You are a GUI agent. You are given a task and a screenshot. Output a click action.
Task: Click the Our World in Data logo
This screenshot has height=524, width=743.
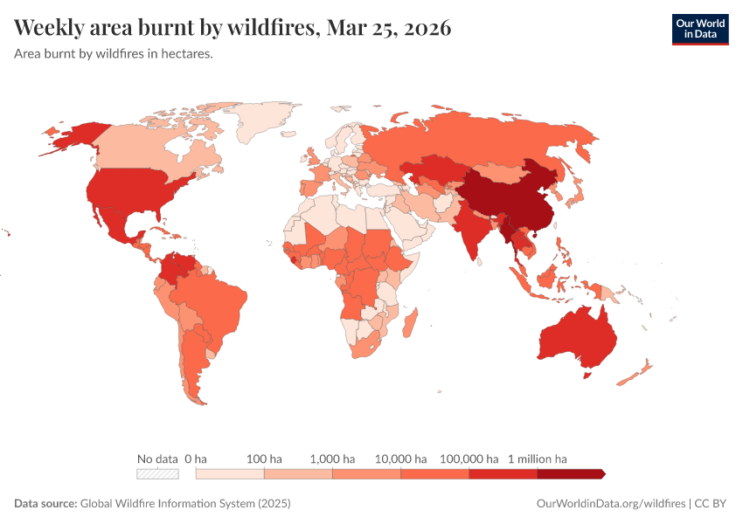(699, 29)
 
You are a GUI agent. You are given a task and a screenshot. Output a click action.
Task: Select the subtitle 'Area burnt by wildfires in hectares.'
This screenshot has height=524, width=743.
(114, 54)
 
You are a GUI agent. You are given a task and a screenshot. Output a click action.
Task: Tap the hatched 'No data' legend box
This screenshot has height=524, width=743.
(157, 474)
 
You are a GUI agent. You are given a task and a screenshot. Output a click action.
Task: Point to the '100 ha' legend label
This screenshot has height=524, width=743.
(264, 458)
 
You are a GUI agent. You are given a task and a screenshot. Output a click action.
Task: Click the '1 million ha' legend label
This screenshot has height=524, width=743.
(538, 458)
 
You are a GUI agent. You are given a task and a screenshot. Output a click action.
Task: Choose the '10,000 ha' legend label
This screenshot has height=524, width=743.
(400, 458)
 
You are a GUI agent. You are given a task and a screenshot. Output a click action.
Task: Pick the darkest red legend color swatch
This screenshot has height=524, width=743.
(570, 474)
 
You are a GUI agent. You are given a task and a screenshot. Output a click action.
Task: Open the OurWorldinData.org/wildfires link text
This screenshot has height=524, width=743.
(611, 504)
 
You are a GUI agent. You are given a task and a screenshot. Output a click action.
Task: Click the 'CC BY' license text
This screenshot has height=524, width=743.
(712, 504)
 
